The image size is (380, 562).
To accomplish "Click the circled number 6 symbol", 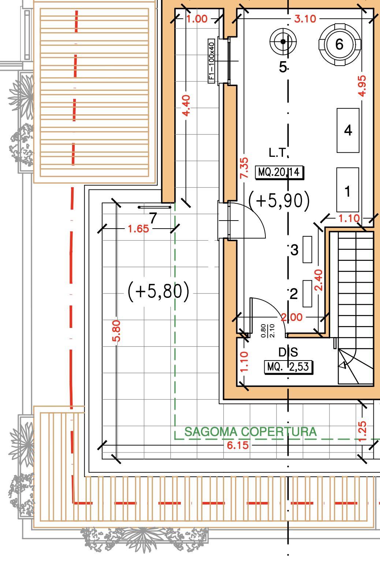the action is [x=339, y=44].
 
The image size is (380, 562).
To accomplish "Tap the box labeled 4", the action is [x=348, y=130].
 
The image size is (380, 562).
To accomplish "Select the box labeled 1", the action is [x=348, y=190].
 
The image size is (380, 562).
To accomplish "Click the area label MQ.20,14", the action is [x=279, y=172].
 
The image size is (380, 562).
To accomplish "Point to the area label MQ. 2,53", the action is [x=288, y=367].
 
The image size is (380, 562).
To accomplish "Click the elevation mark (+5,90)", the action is [x=279, y=201].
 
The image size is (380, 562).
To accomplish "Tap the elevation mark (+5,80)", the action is [x=159, y=292].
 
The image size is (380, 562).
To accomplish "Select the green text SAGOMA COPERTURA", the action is [x=250, y=432].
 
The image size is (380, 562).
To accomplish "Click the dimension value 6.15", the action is [x=238, y=445].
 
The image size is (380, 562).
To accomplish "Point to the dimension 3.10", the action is [x=305, y=19].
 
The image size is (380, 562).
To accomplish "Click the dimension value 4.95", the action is [x=362, y=86].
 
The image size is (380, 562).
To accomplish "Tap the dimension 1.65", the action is [x=138, y=229].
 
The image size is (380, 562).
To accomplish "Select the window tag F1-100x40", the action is [x=212, y=61].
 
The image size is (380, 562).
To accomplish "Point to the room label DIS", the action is [x=288, y=352].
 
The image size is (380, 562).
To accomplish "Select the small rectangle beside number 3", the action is [x=307, y=249].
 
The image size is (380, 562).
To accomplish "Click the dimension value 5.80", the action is [x=116, y=331].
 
